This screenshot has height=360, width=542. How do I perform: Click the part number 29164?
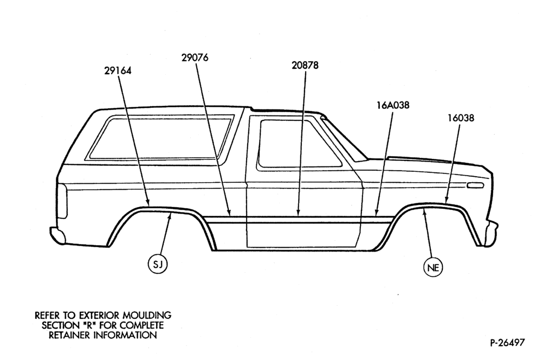click(x=118, y=70)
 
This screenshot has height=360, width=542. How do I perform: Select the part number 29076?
click(x=195, y=58)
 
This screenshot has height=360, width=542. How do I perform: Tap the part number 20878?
click(x=305, y=65)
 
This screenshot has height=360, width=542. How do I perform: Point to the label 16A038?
click(x=393, y=105)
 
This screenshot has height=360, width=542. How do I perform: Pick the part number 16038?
click(x=461, y=118)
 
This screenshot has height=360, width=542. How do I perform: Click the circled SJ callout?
click(x=158, y=264)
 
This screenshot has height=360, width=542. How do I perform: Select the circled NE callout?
click(x=433, y=267)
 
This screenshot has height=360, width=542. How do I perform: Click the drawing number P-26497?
click(x=507, y=343)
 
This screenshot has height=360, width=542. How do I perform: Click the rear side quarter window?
click(x=161, y=138)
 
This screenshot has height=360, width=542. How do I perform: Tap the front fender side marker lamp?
click(x=475, y=186)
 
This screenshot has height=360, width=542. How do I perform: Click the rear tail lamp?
click(x=62, y=201)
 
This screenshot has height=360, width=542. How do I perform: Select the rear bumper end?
click(x=57, y=235)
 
